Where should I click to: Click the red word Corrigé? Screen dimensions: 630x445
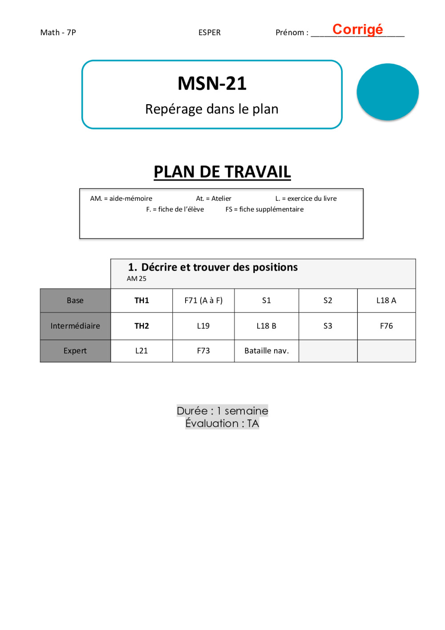tap(357, 29)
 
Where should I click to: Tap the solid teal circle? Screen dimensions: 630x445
tap(388, 92)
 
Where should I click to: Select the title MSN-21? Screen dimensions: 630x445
tap(212, 83)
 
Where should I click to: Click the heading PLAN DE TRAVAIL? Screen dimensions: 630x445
tap(222, 172)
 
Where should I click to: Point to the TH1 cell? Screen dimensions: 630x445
tap(142, 301)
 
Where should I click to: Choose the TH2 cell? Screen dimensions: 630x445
tap(142, 326)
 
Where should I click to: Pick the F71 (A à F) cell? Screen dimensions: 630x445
tap(203, 301)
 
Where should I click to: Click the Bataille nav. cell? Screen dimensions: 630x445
tap(267, 351)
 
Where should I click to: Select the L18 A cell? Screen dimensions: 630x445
tap(386, 301)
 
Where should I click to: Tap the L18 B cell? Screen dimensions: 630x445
tap(266, 326)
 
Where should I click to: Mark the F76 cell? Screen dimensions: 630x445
tap(386, 326)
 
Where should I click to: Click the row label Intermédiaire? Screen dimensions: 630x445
tap(75, 326)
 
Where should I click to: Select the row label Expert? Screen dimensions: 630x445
tap(75, 351)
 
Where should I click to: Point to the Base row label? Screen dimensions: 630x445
tap(75, 301)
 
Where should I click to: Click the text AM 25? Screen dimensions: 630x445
tap(136, 279)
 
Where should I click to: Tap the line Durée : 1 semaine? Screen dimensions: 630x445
tap(222, 411)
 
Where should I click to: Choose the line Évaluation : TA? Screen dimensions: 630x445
tap(222, 423)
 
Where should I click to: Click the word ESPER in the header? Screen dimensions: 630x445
tap(210, 33)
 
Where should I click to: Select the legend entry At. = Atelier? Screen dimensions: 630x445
tap(214, 199)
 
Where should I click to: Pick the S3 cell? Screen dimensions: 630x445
tap(328, 326)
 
